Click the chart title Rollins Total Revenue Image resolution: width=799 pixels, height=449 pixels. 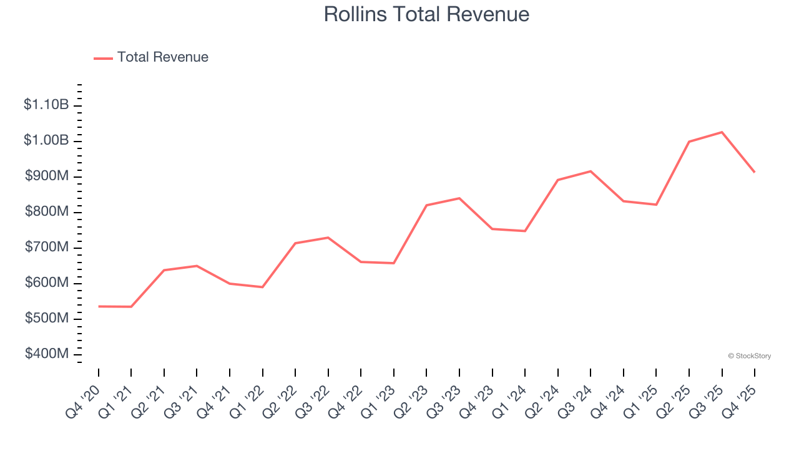point(426,14)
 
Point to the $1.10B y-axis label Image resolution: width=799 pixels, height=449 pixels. point(46,105)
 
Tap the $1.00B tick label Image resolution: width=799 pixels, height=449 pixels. point(46,140)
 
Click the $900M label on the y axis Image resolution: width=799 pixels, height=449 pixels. point(47,176)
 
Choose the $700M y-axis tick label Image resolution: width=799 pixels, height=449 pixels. point(47,248)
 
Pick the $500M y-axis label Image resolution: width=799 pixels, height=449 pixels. point(47,319)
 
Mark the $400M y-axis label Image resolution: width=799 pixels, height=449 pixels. point(47,354)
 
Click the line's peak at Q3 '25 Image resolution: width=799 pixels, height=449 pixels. point(722,132)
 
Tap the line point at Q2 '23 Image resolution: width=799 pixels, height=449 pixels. point(426,205)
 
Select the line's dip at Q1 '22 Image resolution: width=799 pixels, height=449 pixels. point(263,287)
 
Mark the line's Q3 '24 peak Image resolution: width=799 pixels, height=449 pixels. point(591,171)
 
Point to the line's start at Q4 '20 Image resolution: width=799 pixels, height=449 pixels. point(99,306)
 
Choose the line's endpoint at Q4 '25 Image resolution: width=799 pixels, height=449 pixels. point(755,172)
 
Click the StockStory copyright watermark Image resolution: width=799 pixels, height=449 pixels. point(749,356)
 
